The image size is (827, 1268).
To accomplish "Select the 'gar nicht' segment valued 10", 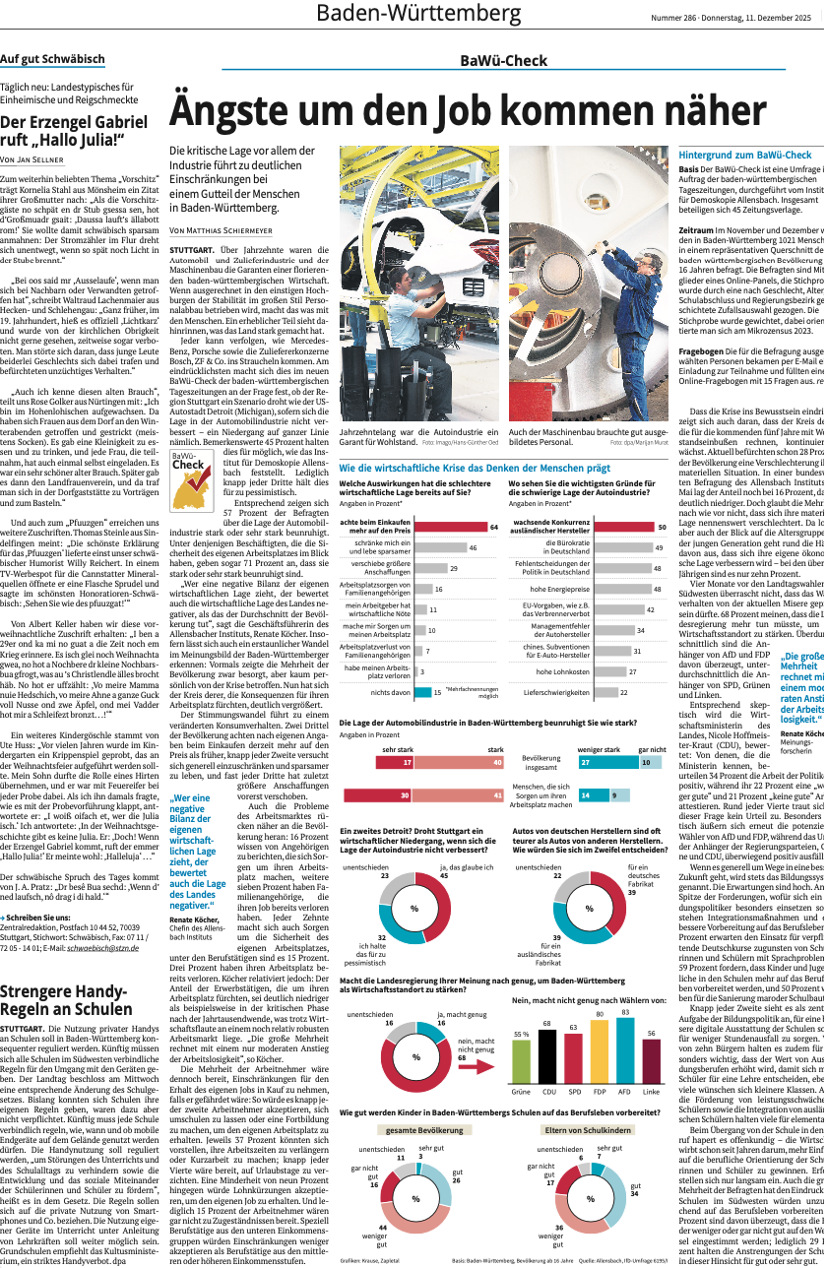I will pyautogui.click(x=650, y=761).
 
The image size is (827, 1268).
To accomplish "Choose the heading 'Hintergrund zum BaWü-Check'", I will pyautogui.click(x=745, y=155).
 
